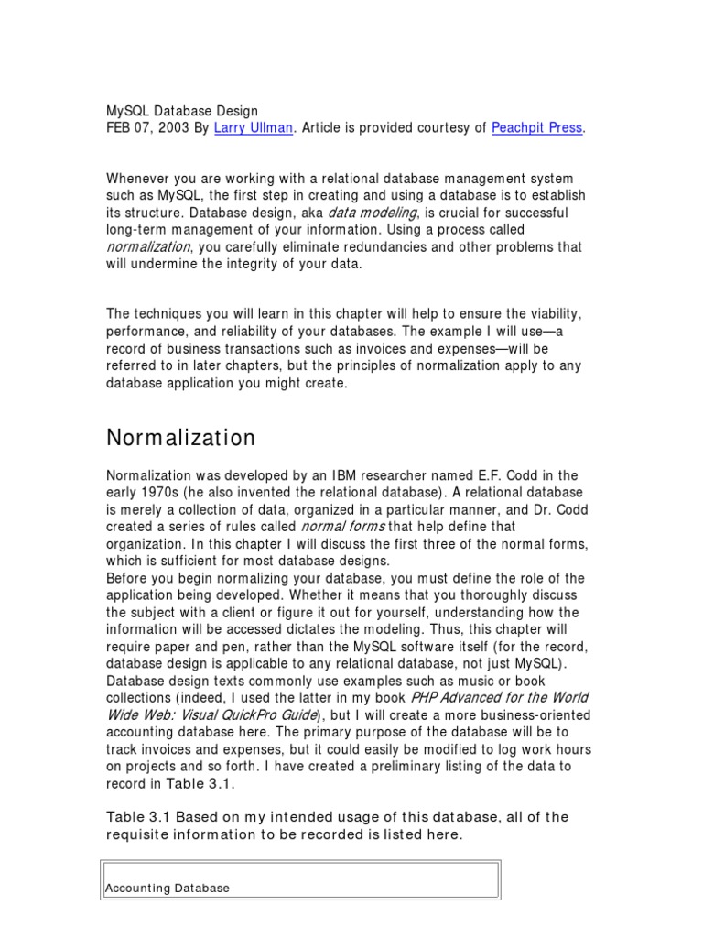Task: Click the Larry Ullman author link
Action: tap(254, 128)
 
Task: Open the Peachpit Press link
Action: tap(536, 128)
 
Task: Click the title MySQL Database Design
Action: tap(182, 111)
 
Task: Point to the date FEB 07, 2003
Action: tap(147, 128)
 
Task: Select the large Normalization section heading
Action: tap(181, 438)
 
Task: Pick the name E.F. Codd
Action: tap(502, 474)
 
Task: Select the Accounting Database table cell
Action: tap(168, 888)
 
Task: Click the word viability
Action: tap(555, 313)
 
